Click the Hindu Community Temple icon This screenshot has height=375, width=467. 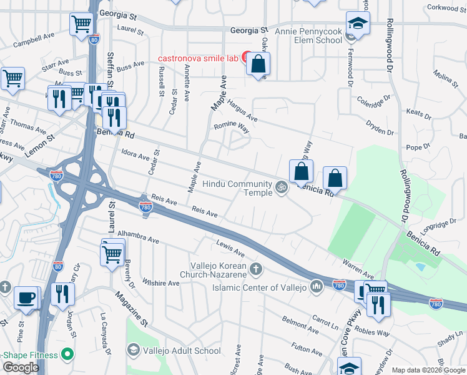282,186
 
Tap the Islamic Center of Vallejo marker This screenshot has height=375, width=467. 316,287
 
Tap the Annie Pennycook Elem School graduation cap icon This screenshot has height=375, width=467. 358,23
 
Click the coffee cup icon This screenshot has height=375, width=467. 27,298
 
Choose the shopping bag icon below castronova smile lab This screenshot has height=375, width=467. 258,64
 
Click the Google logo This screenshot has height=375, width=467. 21,367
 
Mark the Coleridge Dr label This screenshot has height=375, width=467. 373,102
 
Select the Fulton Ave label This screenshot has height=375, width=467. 305,348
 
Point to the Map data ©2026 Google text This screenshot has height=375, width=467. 428,370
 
